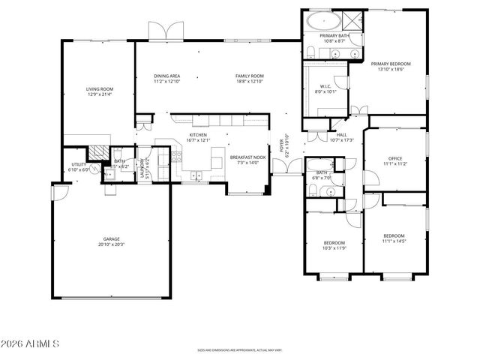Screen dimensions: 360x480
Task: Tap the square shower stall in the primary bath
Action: (x=352, y=19)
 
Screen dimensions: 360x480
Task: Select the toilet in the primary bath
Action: (x=310, y=51)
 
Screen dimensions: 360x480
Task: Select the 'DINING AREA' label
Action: (x=167, y=76)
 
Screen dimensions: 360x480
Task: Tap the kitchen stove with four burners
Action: (x=177, y=157)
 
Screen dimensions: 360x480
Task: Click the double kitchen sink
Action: (x=195, y=177)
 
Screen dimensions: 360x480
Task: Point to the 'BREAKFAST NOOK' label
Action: (x=247, y=157)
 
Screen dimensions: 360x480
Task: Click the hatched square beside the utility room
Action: (x=96, y=151)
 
